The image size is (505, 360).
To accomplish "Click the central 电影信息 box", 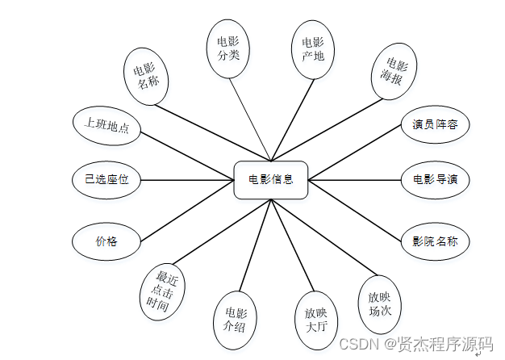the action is click(271, 179).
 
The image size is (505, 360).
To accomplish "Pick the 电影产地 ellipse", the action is click(312, 48).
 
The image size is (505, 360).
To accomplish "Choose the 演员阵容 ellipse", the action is click(435, 124).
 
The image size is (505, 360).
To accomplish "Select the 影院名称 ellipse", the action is click(435, 240).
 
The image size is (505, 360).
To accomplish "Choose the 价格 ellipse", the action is click(106, 241).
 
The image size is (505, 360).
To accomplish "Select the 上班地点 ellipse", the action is click(106, 128).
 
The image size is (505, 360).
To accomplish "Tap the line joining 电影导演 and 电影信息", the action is click(355, 179).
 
